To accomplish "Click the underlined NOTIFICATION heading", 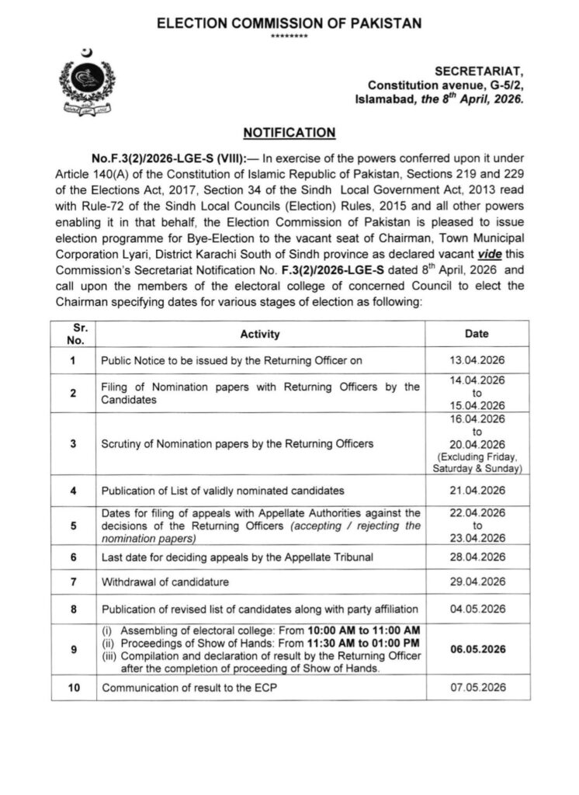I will click(x=289, y=133).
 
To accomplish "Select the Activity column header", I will click(x=260, y=335).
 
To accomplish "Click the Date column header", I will click(x=477, y=334).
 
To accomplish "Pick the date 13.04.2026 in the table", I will click(x=477, y=360).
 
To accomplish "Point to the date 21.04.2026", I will click(x=477, y=491).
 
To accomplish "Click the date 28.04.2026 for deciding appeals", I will click(x=477, y=557).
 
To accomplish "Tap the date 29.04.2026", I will click(x=477, y=581).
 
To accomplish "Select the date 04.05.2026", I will click(x=477, y=609).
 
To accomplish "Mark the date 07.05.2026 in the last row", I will click(x=477, y=687).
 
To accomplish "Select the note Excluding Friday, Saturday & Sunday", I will click(x=477, y=463).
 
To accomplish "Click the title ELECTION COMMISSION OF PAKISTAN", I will click(x=289, y=24).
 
